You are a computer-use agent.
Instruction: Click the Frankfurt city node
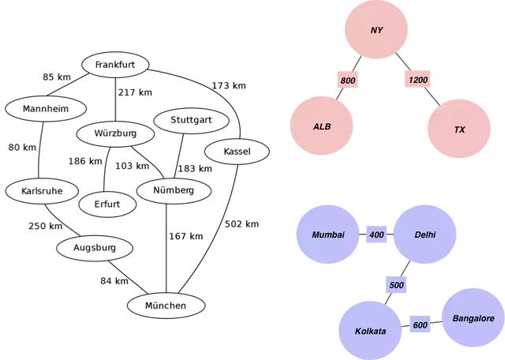(x=116, y=65)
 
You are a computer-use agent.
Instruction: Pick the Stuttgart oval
(x=189, y=121)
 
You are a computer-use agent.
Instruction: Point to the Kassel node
(x=237, y=151)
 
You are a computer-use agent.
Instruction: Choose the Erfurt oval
(x=107, y=204)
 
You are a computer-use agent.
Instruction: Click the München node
(x=166, y=306)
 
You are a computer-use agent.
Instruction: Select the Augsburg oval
(x=95, y=249)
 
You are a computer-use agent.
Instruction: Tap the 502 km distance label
(x=241, y=224)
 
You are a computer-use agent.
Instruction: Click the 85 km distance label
(x=58, y=77)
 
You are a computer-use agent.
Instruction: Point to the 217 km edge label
(x=135, y=92)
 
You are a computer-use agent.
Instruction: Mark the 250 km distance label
(x=45, y=226)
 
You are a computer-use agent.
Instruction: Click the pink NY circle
(x=376, y=30)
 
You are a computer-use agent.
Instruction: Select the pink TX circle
(x=459, y=129)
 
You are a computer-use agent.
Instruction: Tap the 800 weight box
(x=348, y=81)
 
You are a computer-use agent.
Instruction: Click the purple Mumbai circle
(x=328, y=235)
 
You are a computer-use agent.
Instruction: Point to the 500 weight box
(x=396, y=284)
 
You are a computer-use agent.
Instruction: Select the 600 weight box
(x=420, y=324)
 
